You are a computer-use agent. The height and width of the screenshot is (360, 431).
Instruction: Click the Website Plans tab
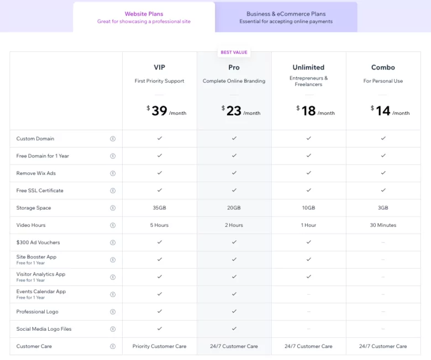pyautogui.click(x=144, y=17)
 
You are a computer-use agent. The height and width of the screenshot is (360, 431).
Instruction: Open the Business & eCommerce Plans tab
pyautogui.click(x=286, y=17)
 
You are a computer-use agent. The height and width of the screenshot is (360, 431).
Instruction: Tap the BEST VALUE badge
pyautogui.click(x=234, y=52)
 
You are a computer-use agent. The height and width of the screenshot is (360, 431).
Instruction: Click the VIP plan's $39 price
pyautogui.click(x=159, y=111)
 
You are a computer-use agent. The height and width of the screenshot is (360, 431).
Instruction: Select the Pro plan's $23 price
pyautogui.click(x=234, y=111)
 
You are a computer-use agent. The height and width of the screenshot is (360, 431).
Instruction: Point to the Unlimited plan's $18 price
pyautogui.click(x=308, y=111)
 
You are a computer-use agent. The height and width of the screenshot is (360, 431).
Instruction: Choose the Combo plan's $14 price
pyautogui.click(x=383, y=111)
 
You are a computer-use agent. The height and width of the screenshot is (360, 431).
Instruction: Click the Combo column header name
pyautogui.click(x=383, y=67)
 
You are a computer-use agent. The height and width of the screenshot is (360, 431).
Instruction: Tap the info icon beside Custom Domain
pyautogui.click(x=113, y=139)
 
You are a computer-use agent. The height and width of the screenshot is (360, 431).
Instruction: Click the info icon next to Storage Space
pyautogui.click(x=113, y=208)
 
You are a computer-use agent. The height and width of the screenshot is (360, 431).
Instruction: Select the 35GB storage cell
pyautogui.click(x=159, y=208)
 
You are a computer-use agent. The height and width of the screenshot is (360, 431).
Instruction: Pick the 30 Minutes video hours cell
pyautogui.click(x=383, y=225)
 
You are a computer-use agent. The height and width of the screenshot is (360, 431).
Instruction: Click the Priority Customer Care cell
pyautogui.click(x=159, y=346)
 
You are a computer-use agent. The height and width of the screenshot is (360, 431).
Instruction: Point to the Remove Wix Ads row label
pyautogui.click(x=36, y=173)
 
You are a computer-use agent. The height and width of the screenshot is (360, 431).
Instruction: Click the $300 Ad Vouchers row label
pyautogui.click(x=38, y=242)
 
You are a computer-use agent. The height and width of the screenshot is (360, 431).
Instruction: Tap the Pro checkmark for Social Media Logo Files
pyautogui.click(x=234, y=329)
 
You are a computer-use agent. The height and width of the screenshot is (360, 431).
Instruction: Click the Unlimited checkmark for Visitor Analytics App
pyautogui.click(x=308, y=277)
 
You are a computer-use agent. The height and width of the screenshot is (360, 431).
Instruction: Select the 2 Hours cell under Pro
pyautogui.click(x=234, y=225)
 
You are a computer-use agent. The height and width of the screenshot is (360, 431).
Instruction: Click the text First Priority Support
pyautogui.click(x=159, y=81)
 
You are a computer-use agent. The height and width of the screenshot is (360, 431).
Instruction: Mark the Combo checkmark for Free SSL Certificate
pyautogui.click(x=383, y=190)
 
